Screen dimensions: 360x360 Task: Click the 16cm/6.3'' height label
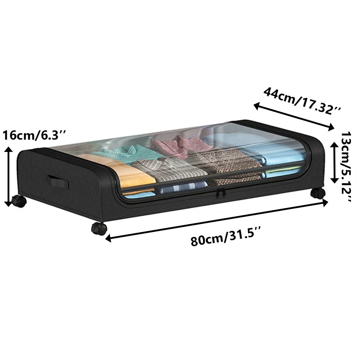[35, 135]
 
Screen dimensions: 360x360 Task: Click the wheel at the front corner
[99, 229]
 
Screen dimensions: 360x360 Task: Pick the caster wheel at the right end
[318, 193]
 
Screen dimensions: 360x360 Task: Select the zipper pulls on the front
[220, 193]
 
